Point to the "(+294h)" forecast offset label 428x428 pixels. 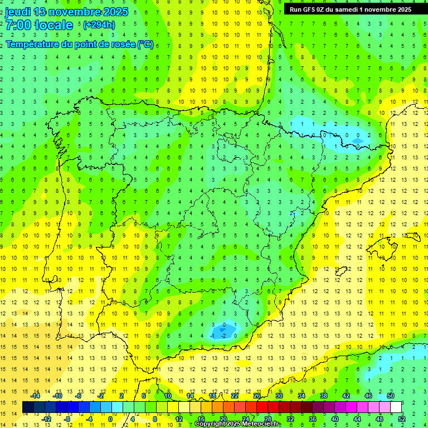pyautogui.click(x=99, y=25)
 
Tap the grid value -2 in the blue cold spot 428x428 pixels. pyautogui.click(x=223, y=335)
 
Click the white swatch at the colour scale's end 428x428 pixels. pyautogui.click(x=396, y=407)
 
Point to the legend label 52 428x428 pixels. pyautogui.click(x=401, y=419)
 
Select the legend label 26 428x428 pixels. pyautogui.click(x=257, y=396)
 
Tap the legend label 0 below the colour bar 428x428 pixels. pyautogui.click(x=110, y=419)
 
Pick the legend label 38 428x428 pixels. pyautogui.click(x=323, y=396)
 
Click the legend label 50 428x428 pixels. pyautogui.click(x=390, y=396)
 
